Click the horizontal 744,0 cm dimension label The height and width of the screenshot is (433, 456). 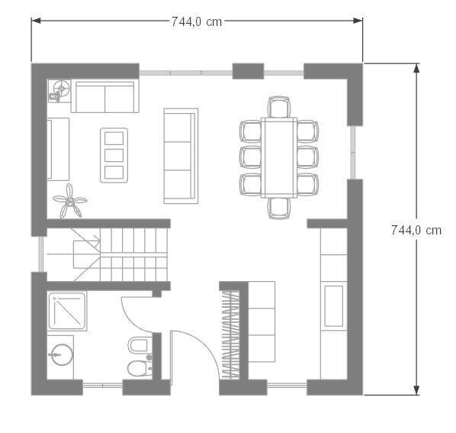point(197,22)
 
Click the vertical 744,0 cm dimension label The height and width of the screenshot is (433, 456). point(416,231)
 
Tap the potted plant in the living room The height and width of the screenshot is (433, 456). point(70,201)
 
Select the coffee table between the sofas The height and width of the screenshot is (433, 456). point(114,155)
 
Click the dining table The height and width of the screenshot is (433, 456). point(279,157)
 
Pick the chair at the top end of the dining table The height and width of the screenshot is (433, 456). point(279,107)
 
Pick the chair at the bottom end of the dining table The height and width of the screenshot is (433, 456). point(279,208)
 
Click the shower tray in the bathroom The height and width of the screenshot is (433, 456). point(67,311)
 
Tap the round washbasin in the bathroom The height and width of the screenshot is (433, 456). point(61,354)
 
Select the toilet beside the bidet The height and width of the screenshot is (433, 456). point(140,368)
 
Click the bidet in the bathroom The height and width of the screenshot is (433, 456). point(140,345)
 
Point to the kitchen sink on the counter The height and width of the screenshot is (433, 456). point(333,306)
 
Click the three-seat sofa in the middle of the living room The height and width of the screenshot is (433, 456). point(181,156)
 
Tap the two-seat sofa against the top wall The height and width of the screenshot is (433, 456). point(105,96)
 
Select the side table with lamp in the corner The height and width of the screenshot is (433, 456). point(59,91)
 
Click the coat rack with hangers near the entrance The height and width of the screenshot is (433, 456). point(230,334)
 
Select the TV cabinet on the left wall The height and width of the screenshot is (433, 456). point(58,149)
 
